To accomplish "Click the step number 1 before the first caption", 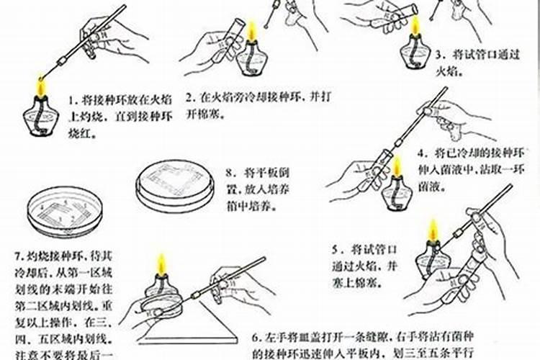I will pos(73,100).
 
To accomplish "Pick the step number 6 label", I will pos(256,337).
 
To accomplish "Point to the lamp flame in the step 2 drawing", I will pos(252,32).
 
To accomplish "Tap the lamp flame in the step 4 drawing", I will pos(395,167).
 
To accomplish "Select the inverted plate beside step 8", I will pos(176,184).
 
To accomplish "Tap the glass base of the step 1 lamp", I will pos(41,118).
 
